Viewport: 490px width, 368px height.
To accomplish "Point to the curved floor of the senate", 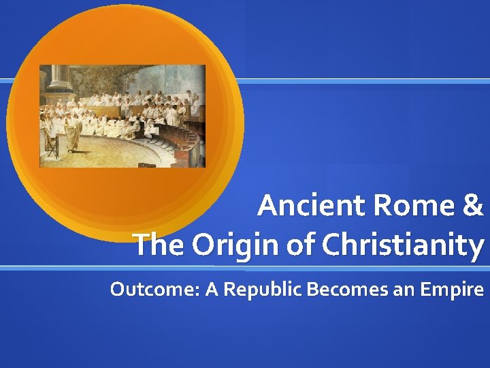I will tap(129, 150).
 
